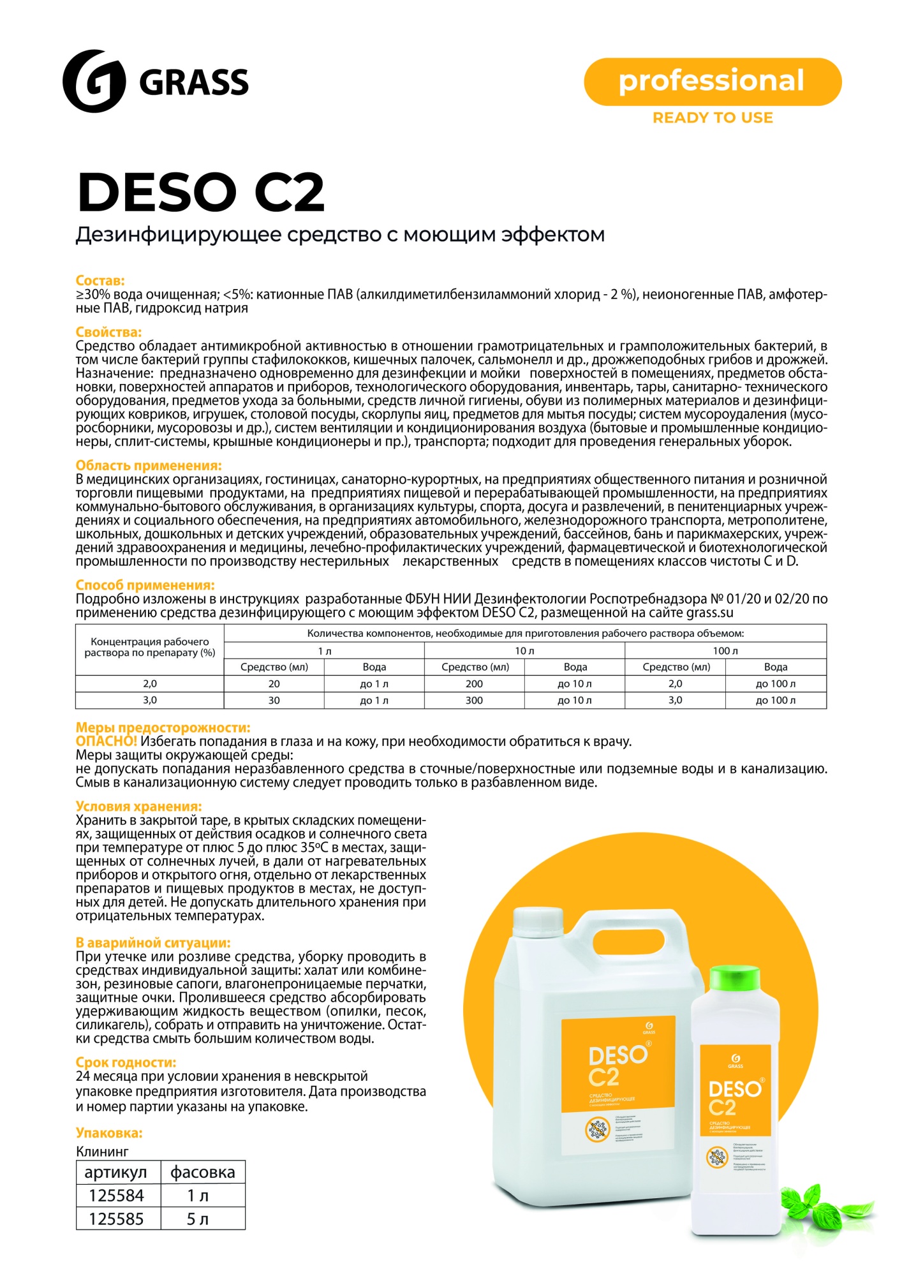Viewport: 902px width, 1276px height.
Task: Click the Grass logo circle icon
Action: pos(94,81)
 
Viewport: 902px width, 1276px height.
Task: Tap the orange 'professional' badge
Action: pos(712,82)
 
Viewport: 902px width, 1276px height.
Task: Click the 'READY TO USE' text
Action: pos(713,117)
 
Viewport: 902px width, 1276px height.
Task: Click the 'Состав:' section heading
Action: pos(100,280)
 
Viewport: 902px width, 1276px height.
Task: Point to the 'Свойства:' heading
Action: pos(108,332)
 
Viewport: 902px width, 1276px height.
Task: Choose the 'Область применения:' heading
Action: pos(149,465)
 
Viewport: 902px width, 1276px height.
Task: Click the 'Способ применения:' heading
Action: pos(145,585)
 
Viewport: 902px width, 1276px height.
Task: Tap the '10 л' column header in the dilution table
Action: pos(524,651)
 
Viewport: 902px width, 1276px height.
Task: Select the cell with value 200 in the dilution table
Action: pos(474,683)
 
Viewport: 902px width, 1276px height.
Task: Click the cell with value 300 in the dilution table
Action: pos(474,700)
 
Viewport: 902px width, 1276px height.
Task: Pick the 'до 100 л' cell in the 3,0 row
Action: pos(776,700)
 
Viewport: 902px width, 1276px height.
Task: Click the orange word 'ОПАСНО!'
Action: pos(107,741)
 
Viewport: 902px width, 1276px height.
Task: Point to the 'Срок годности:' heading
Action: pos(126,1062)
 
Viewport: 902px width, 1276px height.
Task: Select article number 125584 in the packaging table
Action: pos(117,1196)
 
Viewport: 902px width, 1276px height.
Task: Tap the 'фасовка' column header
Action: pos(203,1172)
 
